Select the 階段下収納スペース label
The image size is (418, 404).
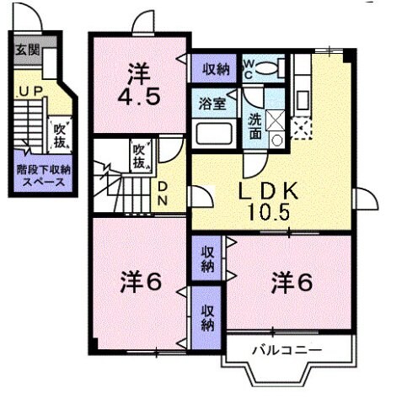[x=41, y=174]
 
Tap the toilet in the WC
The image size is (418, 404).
[x=269, y=66]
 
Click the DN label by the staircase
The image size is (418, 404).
[x=163, y=193]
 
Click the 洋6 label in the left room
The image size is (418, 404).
[x=139, y=283]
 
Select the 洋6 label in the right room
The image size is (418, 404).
[x=292, y=282]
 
